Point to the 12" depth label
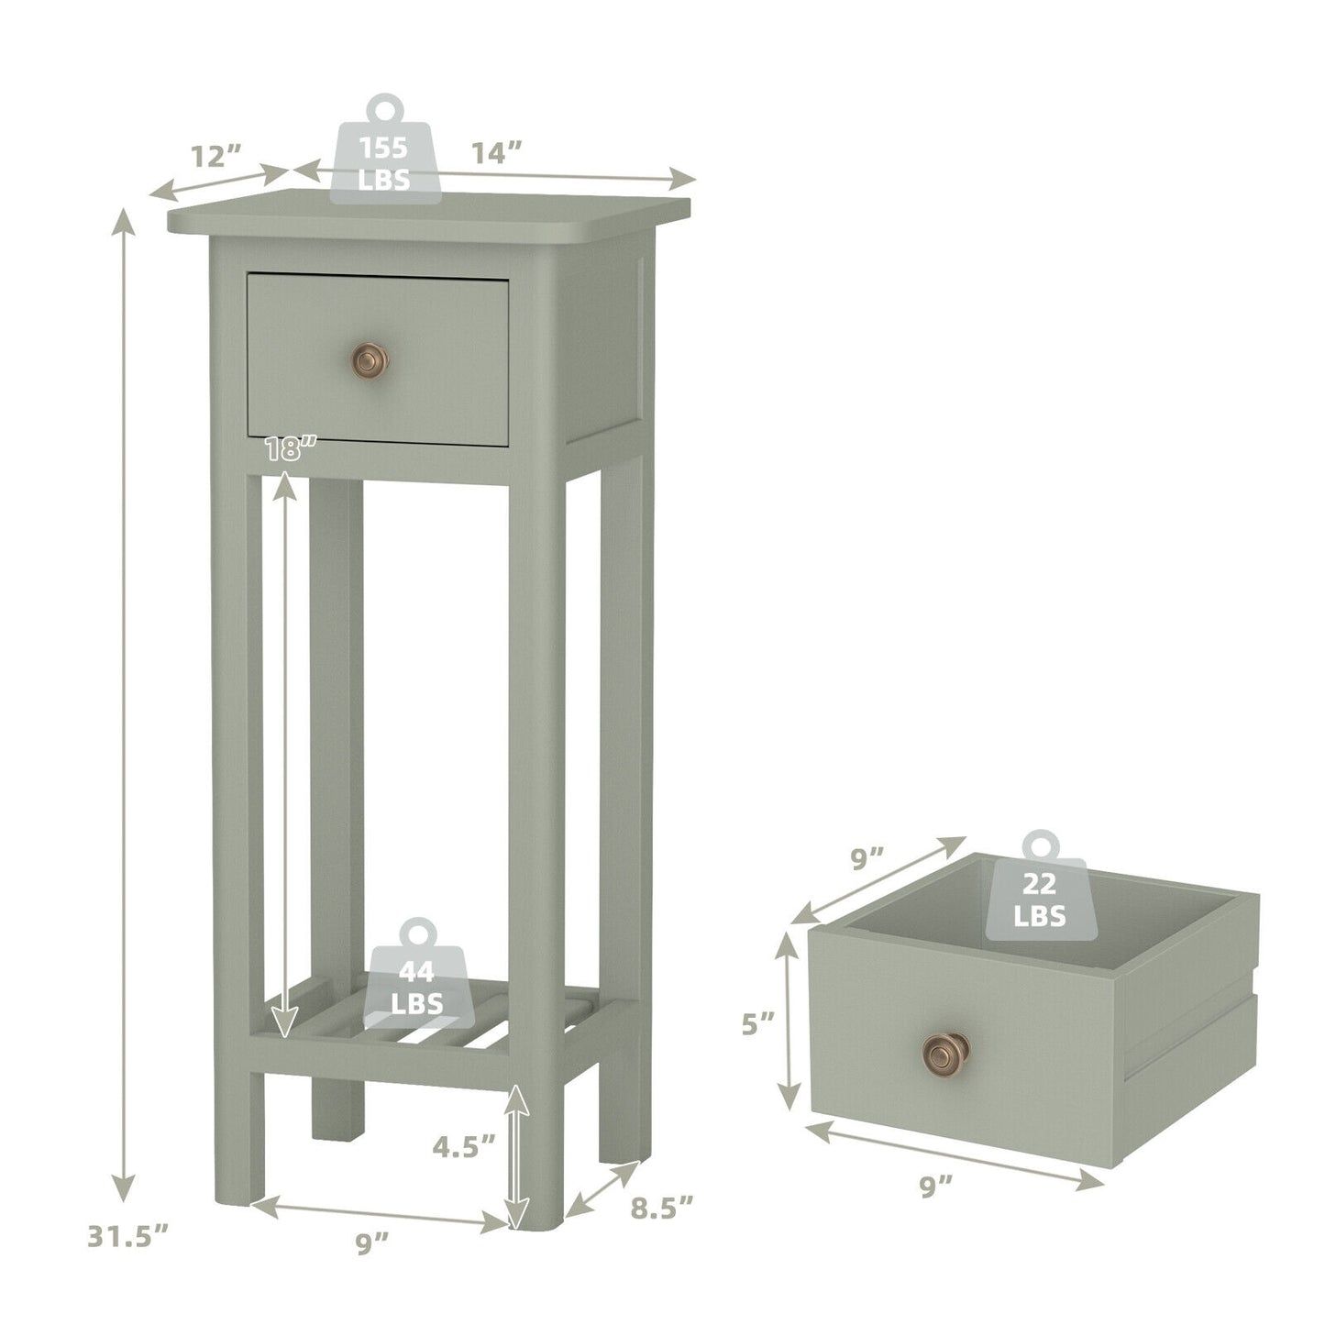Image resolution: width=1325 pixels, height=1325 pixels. pos(215,156)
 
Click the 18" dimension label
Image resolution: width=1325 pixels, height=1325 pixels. pos(292,449)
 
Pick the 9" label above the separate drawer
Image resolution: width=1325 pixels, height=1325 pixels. pos(867,859)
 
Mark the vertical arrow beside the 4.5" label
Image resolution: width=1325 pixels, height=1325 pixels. pos(518,1155)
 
